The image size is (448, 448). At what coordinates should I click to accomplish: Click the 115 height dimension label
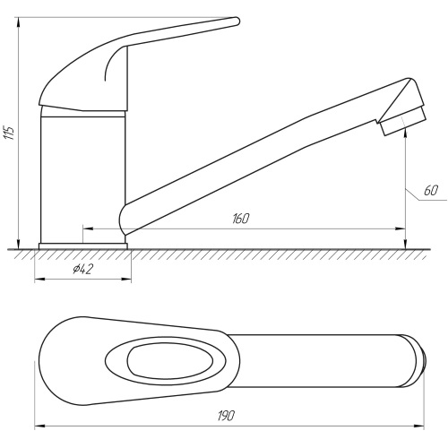click(x=9, y=133)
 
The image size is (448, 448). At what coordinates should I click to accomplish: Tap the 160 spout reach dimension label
click(x=240, y=219)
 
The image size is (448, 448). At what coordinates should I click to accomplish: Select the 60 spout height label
click(x=431, y=190)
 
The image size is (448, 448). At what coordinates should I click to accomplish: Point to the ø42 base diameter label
click(x=83, y=270)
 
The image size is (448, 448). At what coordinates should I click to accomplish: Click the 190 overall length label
click(x=226, y=416)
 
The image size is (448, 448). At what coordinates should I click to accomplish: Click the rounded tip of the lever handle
click(x=236, y=22)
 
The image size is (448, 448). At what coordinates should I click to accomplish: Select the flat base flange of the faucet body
click(x=83, y=246)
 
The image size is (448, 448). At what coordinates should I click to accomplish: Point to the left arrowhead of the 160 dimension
click(x=87, y=228)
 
